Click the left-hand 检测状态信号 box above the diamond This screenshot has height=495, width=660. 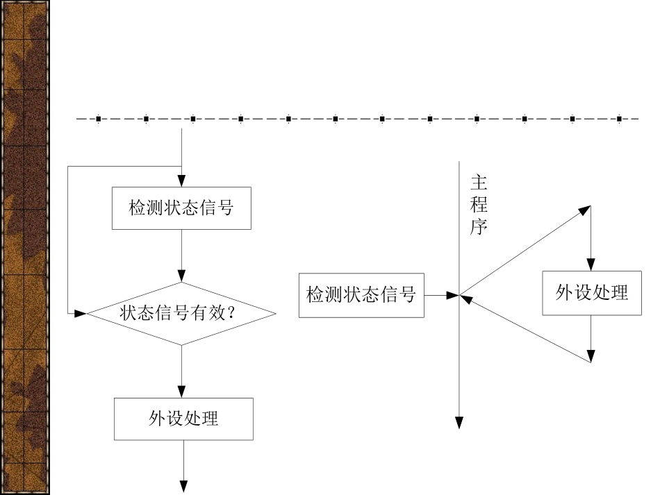(x=181, y=208)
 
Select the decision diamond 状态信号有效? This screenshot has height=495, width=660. (x=181, y=313)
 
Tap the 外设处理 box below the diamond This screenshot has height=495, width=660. (x=183, y=419)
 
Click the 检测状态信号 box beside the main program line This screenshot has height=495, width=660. (x=361, y=295)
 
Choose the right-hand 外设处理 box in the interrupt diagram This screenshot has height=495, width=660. (x=592, y=293)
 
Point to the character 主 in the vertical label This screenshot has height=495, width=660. (x=479, y=183)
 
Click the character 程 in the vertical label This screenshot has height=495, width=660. (x=479, y=205)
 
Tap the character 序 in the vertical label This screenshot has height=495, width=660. (x=479, y=227)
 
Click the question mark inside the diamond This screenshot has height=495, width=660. (x=231, y=313)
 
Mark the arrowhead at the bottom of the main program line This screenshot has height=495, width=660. (x=459, y=423)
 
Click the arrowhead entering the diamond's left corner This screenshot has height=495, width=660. (x=81, y=313)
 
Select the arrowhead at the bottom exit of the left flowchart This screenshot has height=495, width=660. (x=184, y=487)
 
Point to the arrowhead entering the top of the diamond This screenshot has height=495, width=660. (x=181, y=276)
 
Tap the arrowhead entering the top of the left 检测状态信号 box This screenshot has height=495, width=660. (x=181, y=181)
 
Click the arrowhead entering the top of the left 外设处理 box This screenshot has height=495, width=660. (x=181, y=392)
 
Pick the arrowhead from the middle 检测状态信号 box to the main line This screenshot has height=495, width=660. (x=452, y=295)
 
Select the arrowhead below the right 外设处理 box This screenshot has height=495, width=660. (x=591, y=357)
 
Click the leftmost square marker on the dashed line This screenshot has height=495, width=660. (x=99, y=119)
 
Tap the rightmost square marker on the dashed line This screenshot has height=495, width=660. (x=619, y=119)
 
